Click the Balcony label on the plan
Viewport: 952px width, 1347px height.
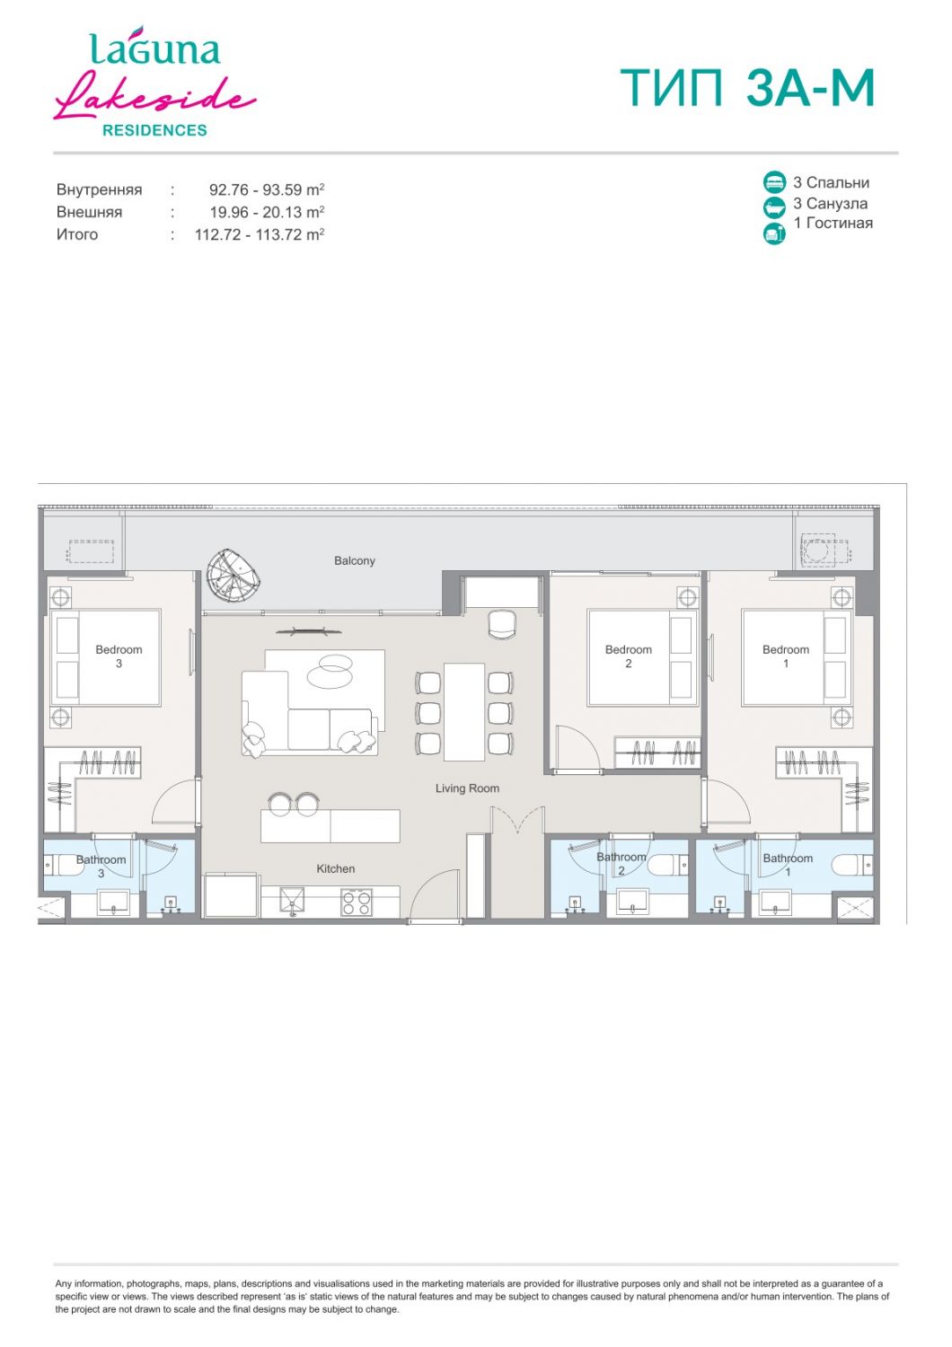[354, 560]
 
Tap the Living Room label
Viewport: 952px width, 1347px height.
[467, 788]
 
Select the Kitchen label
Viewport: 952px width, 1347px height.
[336, 868]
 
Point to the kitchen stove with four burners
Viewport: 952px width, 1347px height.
[357, 902]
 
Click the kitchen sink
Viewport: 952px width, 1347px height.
[292, 902]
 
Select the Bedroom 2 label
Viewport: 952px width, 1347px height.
[629, 656]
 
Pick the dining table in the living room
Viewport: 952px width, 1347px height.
[464, 711]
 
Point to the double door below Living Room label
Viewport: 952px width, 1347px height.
[518, 820]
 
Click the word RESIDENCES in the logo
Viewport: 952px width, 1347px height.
[154, 130]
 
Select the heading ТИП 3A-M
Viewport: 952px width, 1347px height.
[747, 88]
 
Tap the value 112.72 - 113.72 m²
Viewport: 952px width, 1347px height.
[260, 234]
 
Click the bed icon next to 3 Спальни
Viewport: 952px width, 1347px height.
[774, 181]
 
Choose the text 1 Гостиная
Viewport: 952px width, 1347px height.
[833, 223]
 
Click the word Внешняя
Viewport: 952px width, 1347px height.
[89, 212]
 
